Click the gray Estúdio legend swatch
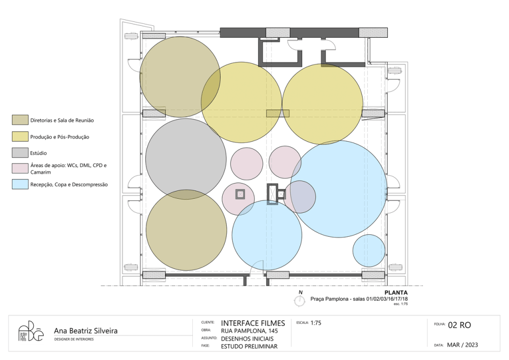(x=20, y=153)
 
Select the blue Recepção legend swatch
(x=20, y=184)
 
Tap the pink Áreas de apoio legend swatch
(x=20, y=169)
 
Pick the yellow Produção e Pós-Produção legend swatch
(x=20, y=137)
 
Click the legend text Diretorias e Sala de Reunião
(x=62, y=120)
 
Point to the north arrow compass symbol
(x=300, y=299)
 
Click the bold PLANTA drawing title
(x=396, y=293)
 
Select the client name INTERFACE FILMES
(x=253, y=323)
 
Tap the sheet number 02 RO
(x=459, y=325)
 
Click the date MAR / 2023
(x=462, y=345)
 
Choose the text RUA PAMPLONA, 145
(x=250, y=331)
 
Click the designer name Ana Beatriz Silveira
(x=85, y=331)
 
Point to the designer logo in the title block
(x=30, y=331)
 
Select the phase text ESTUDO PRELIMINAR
(x=250, y=347)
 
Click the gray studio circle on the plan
(x=186, y=159)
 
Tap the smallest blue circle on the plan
(x=369, y=251)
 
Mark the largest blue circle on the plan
(x=339, y=189)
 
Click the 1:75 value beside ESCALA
(x=316, y=323)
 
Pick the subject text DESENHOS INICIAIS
(x=248, y=339)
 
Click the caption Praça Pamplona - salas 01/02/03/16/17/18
(x=359, y=299)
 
